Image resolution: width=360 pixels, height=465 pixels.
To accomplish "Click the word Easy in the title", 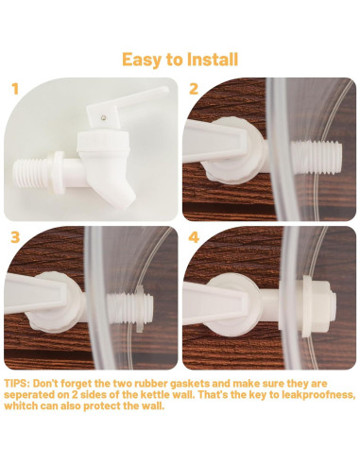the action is (x=141, y=60).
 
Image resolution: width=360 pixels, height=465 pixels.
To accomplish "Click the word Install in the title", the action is (x=213, y=59).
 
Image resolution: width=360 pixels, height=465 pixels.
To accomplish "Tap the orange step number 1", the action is (x=15, y=89).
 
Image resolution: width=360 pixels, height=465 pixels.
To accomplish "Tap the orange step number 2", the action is (x=194, y=89).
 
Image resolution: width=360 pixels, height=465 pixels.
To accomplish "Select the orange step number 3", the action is (x=15, y=237).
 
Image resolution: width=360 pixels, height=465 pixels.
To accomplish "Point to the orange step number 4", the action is (x=194, y=237).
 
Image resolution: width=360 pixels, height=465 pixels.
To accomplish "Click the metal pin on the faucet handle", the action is (x=103, y=117).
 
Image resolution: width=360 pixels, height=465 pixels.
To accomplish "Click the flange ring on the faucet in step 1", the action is (x=59, y=172).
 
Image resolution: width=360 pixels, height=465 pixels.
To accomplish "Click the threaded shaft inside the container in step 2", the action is (x=317, y=158).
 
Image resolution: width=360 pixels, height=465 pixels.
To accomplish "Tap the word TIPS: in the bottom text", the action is (x=17, y=384).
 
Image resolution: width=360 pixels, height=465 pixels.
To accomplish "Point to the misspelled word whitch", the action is (x=21, y=405).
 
